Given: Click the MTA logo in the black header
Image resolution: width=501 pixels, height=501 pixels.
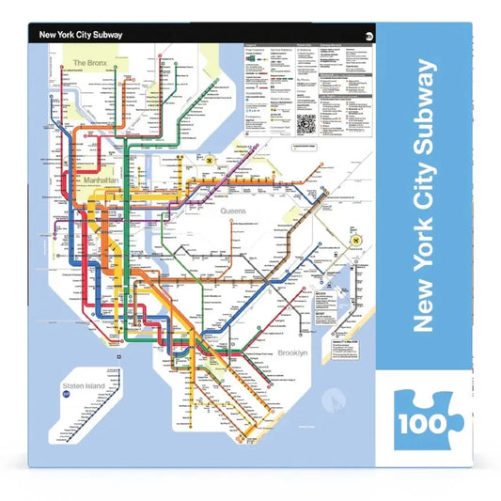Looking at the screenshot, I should [x=366, y=36].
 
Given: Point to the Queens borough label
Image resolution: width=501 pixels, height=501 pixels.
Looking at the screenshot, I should [x=232, y=211].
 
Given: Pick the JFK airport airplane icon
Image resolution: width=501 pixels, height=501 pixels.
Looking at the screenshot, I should [x=357, y=242].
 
